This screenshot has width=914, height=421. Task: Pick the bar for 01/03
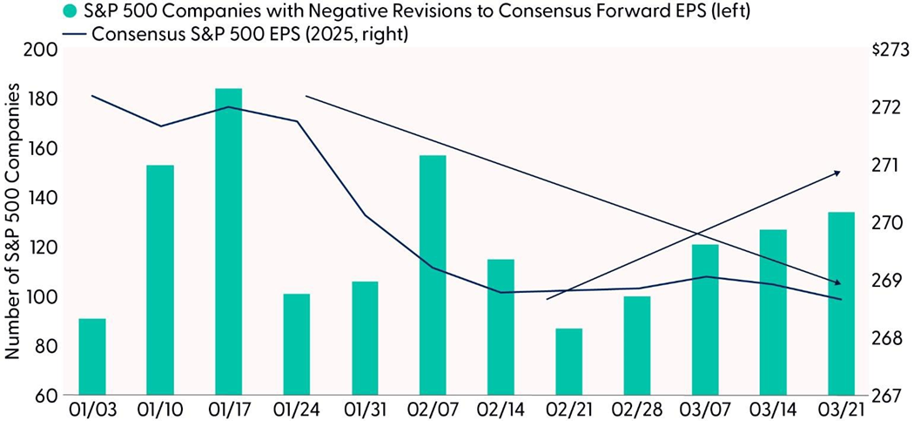pyautogui.click(x=92, y=356)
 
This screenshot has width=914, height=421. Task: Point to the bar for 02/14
pyautogui.click(x=501, y=327)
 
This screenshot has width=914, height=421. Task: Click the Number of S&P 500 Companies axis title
pyautogui.click(x=13, y=222)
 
